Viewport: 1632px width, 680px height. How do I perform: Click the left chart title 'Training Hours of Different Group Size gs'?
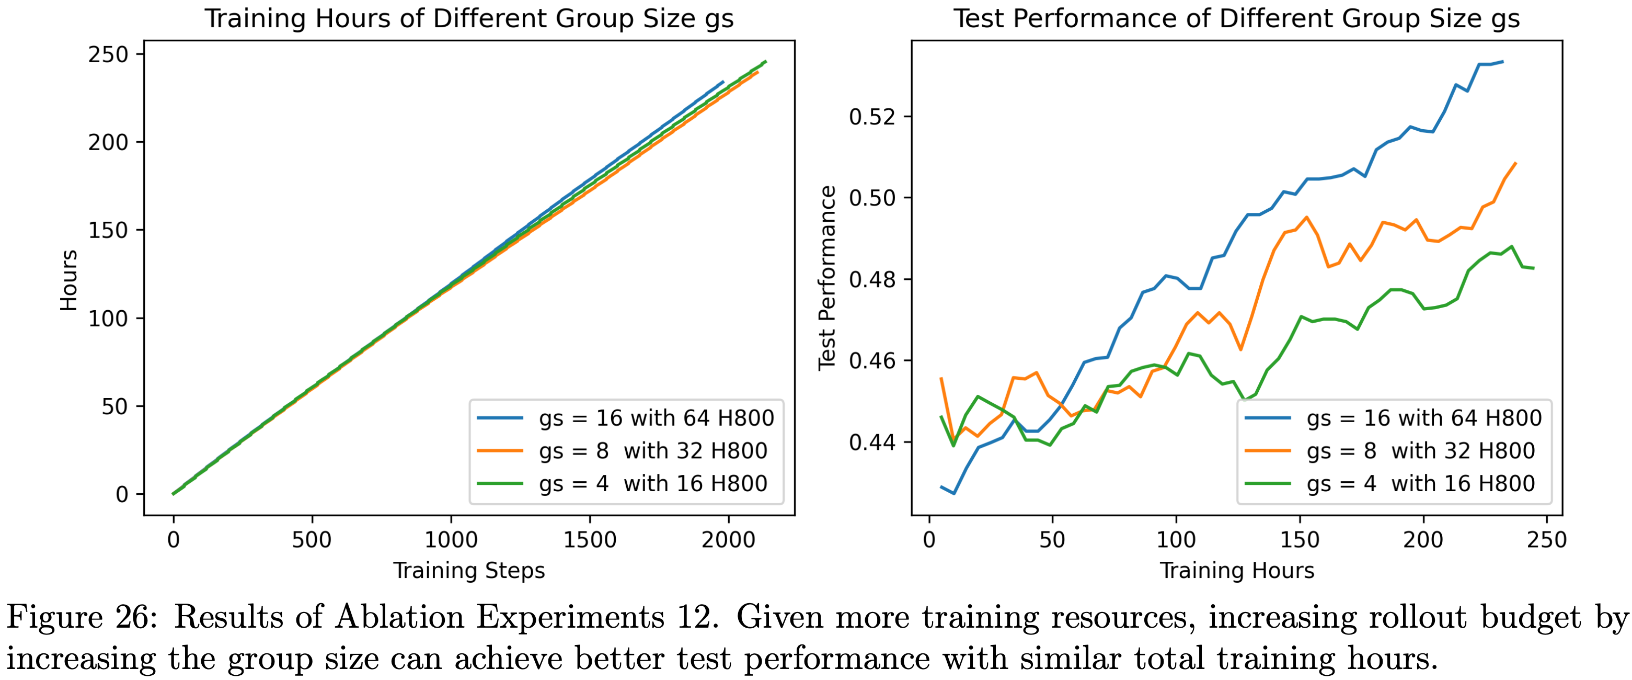[469, 18]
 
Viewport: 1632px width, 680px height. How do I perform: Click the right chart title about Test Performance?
[1236, 18]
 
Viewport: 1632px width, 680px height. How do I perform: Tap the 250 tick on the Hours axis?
[108, 55]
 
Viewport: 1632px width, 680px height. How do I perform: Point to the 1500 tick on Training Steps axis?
[589, 540]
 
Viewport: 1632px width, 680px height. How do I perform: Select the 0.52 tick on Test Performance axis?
[872, 117]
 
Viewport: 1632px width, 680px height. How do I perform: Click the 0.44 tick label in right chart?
[872, 441]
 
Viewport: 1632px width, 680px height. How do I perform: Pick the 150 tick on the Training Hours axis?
[1300, 540]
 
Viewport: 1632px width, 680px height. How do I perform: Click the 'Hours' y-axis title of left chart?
[68, 280]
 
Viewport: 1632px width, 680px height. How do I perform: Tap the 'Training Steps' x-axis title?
[469, 570]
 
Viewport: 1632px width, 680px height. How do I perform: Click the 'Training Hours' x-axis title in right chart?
[1237, 570]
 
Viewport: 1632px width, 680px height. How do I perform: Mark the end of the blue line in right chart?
[1503, 62]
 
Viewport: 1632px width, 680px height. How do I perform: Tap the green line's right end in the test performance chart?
[1533, 268]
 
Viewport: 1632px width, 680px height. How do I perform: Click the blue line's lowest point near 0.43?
[954, 493]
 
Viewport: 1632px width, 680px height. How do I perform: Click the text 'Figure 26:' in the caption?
[82, 617]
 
